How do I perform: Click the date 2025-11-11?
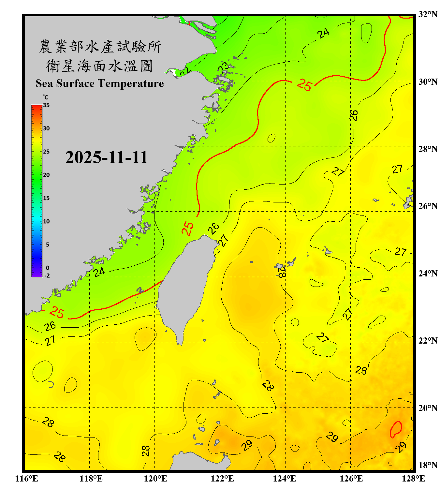[x=106, y=157]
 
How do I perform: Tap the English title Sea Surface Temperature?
[x=100, y=83]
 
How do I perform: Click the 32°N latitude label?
[x=428, y=14]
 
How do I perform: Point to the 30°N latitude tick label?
[x=428, y=81]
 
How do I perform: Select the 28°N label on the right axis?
[x=428, y=149]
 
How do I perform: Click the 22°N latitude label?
[x=428, y=341]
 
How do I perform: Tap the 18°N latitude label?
[x=428, y=465]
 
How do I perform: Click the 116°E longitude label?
[x=27, y=479]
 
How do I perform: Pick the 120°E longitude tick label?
[x=155, y=479]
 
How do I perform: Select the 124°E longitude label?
[x=285, y=479]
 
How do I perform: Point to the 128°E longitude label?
[x=413, y=479]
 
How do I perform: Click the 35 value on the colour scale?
[x=46, y=105]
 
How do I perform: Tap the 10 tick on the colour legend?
[x=46, y=221]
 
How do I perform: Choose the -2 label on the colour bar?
[x=47, y=275]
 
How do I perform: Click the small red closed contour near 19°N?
[x=396, y=429]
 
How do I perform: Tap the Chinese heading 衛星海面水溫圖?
[x=99, y=66]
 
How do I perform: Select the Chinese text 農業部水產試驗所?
[x=100, y=47]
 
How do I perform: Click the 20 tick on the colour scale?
[x=46, y=175]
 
